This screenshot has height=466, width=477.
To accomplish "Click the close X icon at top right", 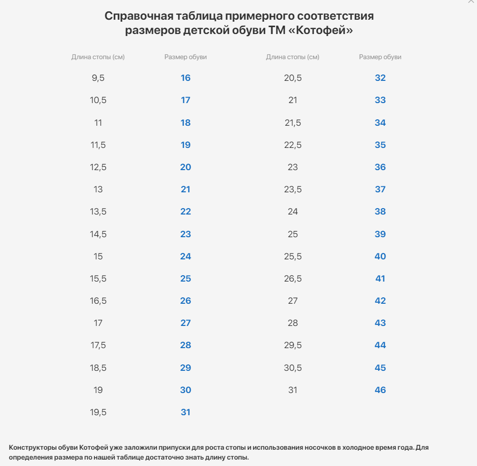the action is point(471,1).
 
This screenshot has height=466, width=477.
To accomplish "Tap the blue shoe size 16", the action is point(186,78).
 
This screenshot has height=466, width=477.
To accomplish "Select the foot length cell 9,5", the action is point(98,78).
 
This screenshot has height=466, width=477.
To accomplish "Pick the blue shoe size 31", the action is point(186,412).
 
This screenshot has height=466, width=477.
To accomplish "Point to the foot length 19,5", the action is point(98,412).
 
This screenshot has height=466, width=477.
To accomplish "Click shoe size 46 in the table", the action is point(380,390).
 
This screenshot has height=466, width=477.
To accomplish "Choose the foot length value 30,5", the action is point(293,368).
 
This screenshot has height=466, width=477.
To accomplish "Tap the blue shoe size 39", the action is point(380,234).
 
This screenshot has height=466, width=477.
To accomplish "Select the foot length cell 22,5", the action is point(293,145).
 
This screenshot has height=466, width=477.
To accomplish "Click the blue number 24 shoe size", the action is point(186,256).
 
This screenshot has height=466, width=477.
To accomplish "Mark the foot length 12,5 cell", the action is point(98,167).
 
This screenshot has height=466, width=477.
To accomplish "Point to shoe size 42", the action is point(380,301).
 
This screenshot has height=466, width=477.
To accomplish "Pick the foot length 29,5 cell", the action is point(293,346).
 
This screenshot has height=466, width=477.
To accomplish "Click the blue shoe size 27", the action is point(186,323).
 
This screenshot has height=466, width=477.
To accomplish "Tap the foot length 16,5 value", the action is point(98,301).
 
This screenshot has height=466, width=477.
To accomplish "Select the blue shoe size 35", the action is point(380,145).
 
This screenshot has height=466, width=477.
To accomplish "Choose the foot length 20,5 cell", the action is point(293,78).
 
